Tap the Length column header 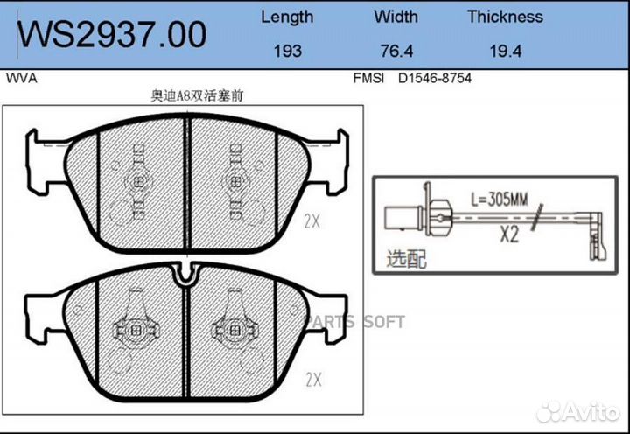point(287,17)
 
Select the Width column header point(395,17)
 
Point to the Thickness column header point(505,17)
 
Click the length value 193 point(287,51)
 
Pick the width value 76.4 point(395,51)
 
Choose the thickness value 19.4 point(505,51)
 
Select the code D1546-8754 point(435,78)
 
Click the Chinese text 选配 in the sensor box point(406,259)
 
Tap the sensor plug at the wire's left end point(398,216)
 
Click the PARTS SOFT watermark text point(354,321)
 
